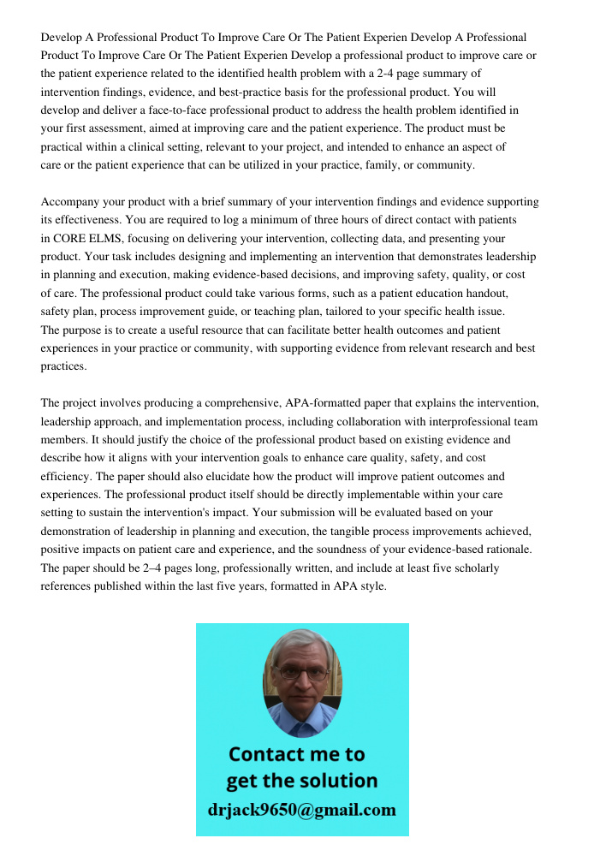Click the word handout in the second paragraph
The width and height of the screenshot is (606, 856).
point(484,294)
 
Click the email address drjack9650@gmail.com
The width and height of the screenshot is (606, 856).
point(302,810)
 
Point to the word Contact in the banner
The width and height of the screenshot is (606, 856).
point(270,754)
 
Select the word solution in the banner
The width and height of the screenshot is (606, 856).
point(336,781)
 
